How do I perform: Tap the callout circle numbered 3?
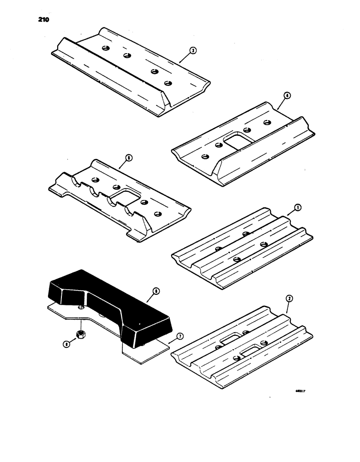[x=192, y=51]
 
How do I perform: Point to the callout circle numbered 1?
[x=298, y=208]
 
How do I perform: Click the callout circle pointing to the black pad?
[x=156, y=292]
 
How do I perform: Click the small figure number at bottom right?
[x=301, y=391]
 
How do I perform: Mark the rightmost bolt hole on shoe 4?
[x=266, y=122]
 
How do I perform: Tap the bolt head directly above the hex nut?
[x=81, y=307]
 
